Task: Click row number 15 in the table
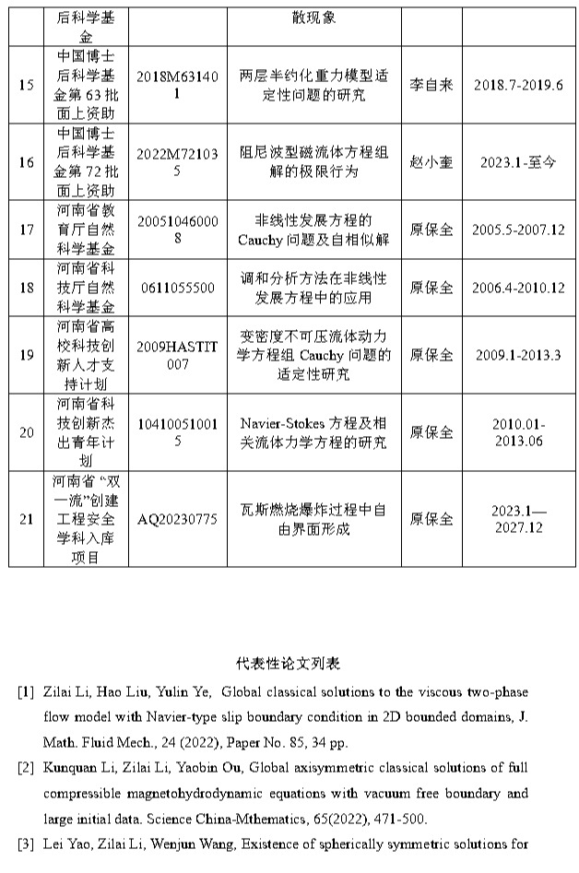pos(27,86)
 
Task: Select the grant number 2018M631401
pos(177,86)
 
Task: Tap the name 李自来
pos(431,86)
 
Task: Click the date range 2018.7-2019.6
pos(517,86)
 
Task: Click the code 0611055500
pos(177,288)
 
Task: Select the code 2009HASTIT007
pos(177,355)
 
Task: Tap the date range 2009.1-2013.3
pos(518,355)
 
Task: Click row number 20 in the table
pos(27,432)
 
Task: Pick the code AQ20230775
pos(177,519)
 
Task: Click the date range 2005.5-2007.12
pos(518,230)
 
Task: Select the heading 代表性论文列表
pos(289,664)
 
